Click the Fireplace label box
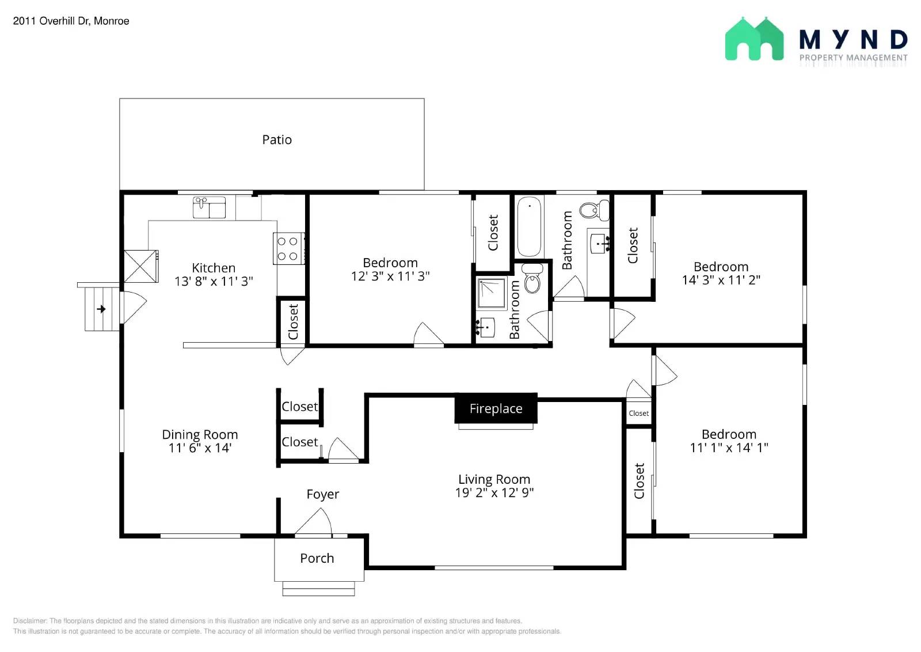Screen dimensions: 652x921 click(x=496, y=408)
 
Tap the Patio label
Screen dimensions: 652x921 click(x=277, y=140)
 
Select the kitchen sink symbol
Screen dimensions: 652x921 click(x=209, y=207)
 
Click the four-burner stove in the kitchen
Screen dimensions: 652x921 click(x=288, y=249)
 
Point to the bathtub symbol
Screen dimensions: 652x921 click(x=529, y=227)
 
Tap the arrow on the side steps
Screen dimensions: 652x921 click(x=101, y=309)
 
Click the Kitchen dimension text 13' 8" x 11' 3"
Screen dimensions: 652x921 click(x=214, y=281)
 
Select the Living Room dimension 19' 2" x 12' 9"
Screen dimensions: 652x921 click(x=494, y=492)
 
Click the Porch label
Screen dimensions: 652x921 click(x=317, y=558)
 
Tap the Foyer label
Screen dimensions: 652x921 click(x=322, y=494)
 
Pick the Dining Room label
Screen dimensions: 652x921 click(x=200, y=434)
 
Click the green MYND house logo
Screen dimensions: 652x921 click(x=754, y=39)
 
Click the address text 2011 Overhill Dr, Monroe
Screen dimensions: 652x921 click(x=71, y=21)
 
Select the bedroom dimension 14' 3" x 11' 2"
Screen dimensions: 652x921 click(x=721, y=280)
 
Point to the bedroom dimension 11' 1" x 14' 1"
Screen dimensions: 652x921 click(x=729, y=448)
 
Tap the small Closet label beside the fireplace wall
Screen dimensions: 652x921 click(x=638, y=414)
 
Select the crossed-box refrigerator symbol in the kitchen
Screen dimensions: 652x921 click(x=141, y=266)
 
